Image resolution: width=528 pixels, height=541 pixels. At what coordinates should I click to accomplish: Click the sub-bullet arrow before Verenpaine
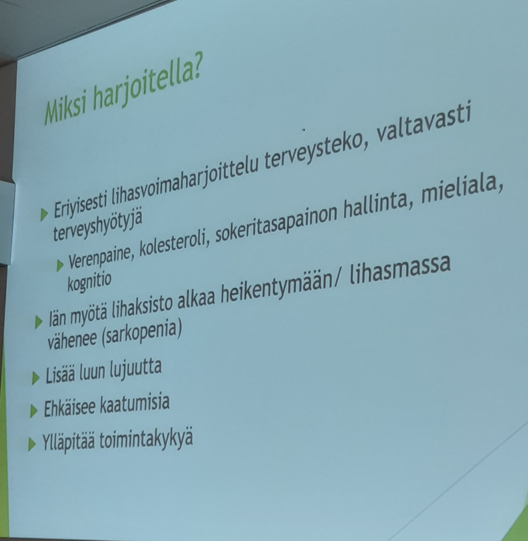pyautogui.click(x=60, y=266)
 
